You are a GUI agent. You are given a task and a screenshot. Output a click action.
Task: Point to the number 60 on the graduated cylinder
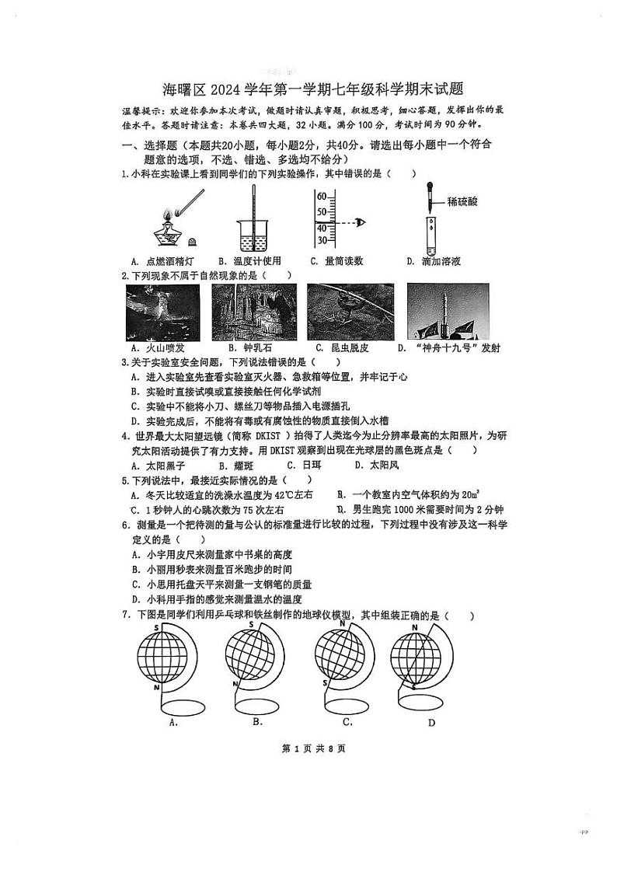[x=321, y=197]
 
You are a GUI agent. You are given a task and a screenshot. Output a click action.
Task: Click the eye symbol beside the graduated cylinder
[x=359, y=222]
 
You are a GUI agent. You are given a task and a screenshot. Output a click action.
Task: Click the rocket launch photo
[x=448, y=312]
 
